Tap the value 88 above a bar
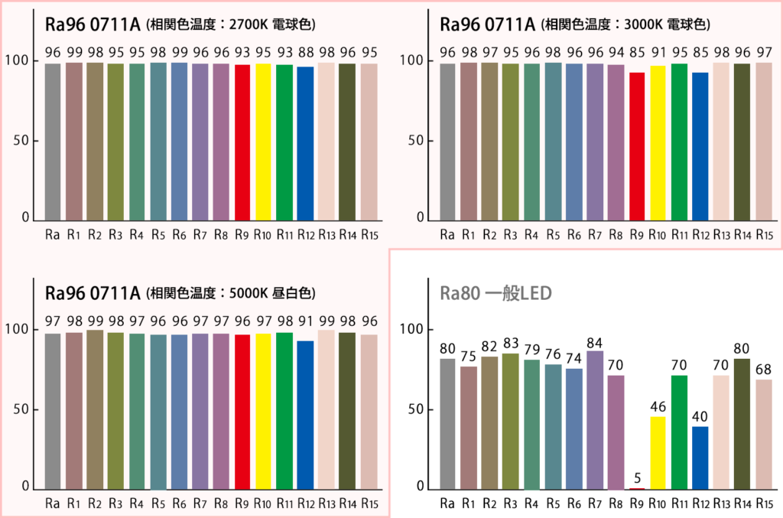click(x=305, y=52)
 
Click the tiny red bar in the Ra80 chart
click(x=637, y=487)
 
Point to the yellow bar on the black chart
click(x=658, y=452)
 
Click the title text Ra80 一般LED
click(x=495, y=293)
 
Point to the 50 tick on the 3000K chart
click(x=416, y=141)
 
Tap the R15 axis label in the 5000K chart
click(x=369, y=503)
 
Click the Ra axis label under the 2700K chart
click(x=53, y=234)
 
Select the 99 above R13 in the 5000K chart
click(x=327, y=320)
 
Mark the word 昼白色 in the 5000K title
click(x=297, y=294)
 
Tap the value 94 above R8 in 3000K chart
click(x=616, y=52)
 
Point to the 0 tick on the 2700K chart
click(x=25, y=218)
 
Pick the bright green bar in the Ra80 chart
click(x=679, y=432)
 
